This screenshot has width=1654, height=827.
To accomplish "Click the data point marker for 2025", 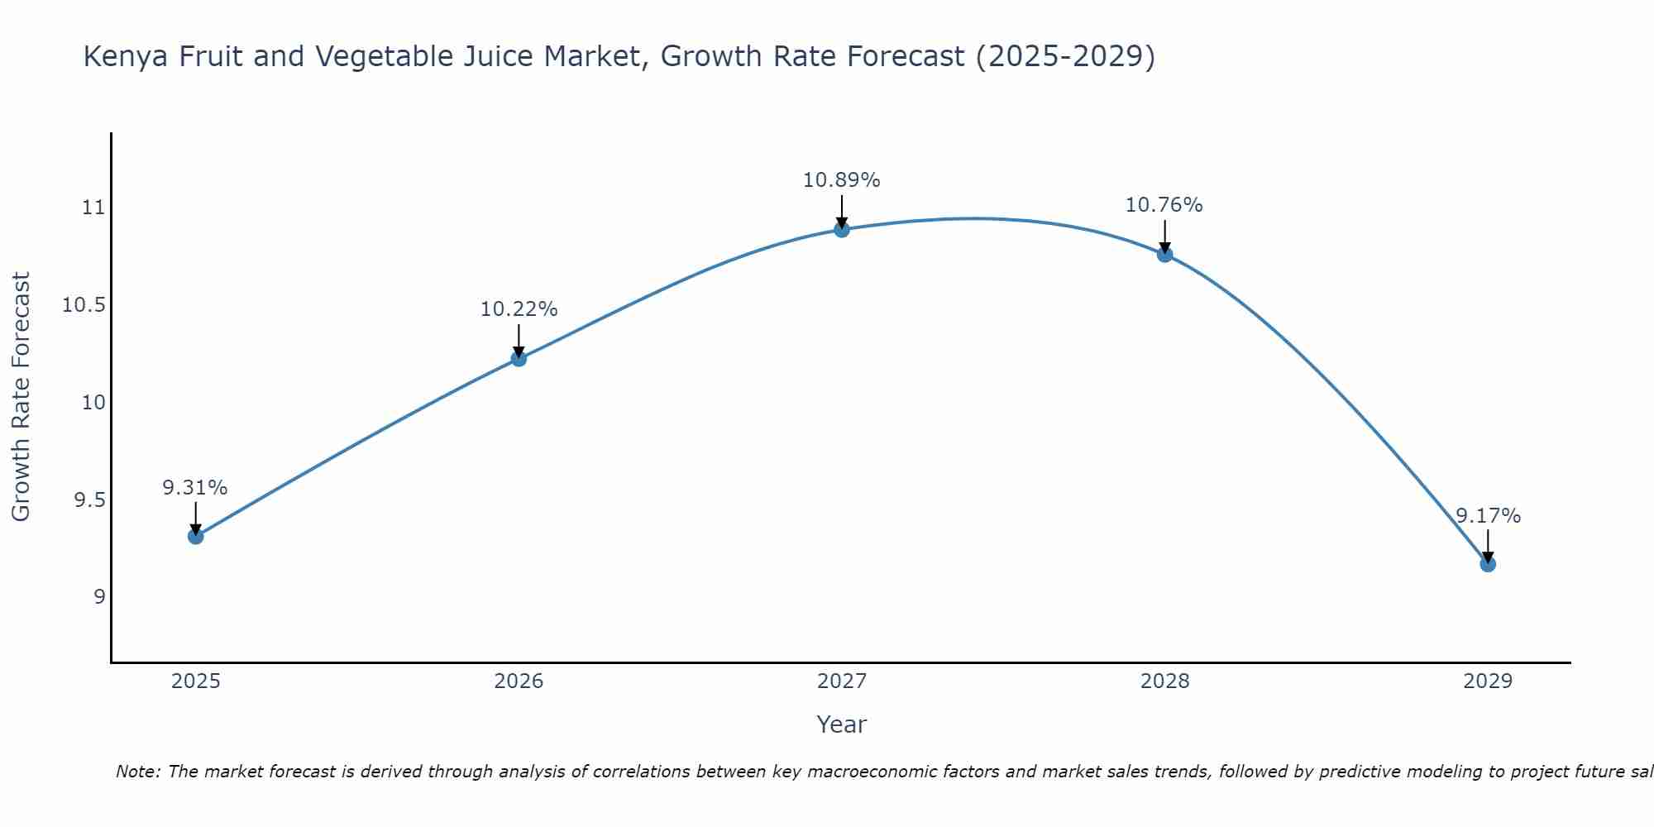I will click(x=195, y=536).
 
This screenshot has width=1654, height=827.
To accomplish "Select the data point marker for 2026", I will click(x=519, y=358).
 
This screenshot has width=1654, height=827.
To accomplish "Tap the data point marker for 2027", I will click(x=842, y=229).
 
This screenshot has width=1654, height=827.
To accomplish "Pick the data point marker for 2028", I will click(x=1164, y=254).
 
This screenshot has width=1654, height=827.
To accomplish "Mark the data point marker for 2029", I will click(x=1488, y=564).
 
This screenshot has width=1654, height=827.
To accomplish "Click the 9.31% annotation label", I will click(x=195, y=488).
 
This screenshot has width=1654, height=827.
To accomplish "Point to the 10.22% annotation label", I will click(x=519, y=309).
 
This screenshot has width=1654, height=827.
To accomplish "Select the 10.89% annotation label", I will click(x=842, y=180).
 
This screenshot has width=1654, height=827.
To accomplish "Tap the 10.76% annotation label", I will click(x=1164, y=205).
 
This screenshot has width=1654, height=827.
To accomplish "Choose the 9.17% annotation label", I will click(x=1488, y=516).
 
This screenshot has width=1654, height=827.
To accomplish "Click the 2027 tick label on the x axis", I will click(x=842, y=681).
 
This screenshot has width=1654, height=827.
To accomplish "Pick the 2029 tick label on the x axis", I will click(x=1488, y=681).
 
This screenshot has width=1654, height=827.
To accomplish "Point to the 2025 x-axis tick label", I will click(x=195, y=681).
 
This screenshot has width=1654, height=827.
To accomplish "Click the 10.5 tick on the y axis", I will click(x=84, y=305).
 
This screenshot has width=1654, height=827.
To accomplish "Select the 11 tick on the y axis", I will click(x=94, y=208).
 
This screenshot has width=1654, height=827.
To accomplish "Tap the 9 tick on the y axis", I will click(x=99, y=597).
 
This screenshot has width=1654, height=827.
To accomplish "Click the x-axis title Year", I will click(x=842, y=724).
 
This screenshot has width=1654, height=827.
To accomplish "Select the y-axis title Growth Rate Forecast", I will click(x=22, y=397).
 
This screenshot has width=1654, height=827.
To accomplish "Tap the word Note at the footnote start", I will click(x=137, y=772).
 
